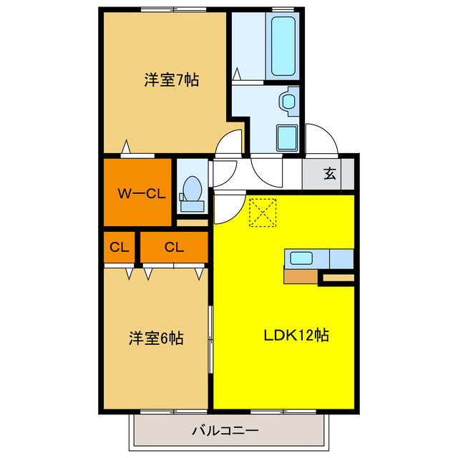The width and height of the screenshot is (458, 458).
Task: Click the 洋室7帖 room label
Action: (171, 80)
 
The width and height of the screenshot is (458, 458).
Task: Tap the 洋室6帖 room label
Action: (156, 337)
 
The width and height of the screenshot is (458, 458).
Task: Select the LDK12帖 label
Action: (297, 334)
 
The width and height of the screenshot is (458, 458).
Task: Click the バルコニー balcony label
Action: (225, 431)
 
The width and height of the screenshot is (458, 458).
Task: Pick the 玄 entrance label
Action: (330, 173)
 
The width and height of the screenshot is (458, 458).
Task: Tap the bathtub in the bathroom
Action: (284, 44)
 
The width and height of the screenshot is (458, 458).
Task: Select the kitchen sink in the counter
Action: (300, 258)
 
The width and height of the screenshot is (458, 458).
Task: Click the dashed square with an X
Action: (262, 213)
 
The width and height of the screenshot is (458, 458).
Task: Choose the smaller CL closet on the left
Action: (120, 248)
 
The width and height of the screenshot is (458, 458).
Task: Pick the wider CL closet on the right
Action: (174, 248)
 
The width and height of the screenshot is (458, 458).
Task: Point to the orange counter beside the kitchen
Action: (301, 276)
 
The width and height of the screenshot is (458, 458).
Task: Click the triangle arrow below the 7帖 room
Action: (126, 147)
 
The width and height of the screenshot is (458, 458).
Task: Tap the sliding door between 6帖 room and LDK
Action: (210, 340)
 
